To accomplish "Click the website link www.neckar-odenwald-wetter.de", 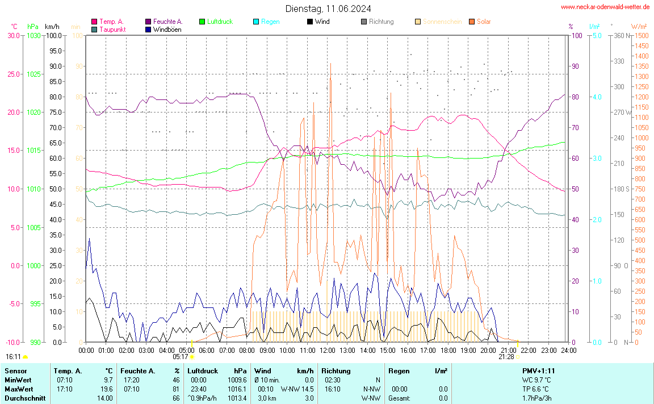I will (x=605, y=7).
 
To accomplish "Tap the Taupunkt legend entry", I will (x=112, y=30).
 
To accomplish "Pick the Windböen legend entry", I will (x=167, y=30).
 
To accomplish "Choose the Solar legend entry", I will (x=484, y=22).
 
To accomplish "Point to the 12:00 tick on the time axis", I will (x=328, y=350).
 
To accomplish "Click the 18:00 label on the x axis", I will (x=448, y=350).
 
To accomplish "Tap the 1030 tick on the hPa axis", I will (x=33, y=36).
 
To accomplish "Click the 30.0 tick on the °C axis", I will (x=13, y=36).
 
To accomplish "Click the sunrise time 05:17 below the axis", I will (x=180, y=357).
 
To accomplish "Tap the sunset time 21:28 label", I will (x=506, y=357).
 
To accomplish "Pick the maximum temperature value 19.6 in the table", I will (x=107, y=389).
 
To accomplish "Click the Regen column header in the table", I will (x=399, y=371).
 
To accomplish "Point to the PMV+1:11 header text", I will (x=538, y=371).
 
